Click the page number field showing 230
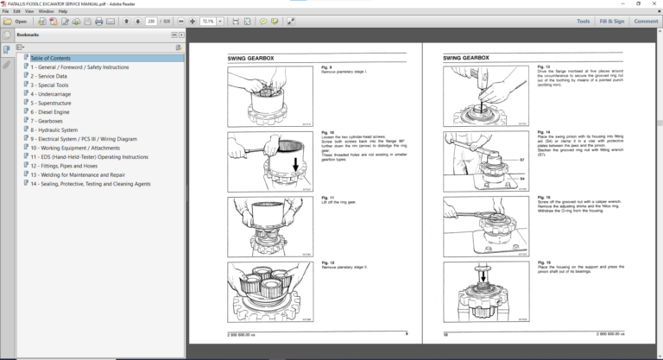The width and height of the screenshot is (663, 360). click(151, 21)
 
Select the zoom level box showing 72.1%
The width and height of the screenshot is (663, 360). click(208, 21)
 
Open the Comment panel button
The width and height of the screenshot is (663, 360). click(646, 21)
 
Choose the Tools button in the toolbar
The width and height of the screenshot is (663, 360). click(583, 21)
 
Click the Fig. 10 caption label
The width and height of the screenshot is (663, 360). click(328, 133)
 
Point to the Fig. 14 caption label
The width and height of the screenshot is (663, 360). click(544, 132)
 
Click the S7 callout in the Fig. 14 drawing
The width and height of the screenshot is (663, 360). click(522, 161)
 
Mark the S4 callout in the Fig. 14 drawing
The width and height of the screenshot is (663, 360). click(522, 178)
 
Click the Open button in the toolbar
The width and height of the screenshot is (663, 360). click(16, 21)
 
